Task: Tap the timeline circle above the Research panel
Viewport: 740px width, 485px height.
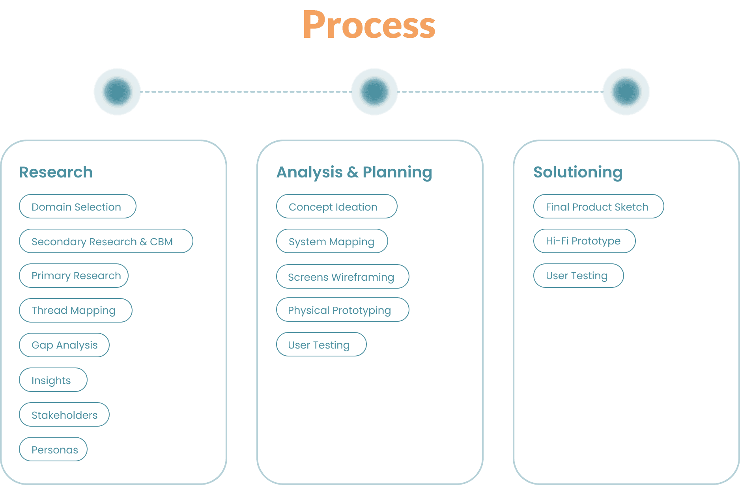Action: pyautogui.click(x=117, y=92)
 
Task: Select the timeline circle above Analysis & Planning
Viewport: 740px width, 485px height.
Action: pyautogui.click(x=374, y=92)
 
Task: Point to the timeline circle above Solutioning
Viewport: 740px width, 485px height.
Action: pyautogui.click(x=626, y=92)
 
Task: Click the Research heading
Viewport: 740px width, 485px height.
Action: pyautogui.click(x=56, y=172)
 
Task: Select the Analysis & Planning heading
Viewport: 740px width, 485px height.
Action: pyautogui.click(x=354, y=172)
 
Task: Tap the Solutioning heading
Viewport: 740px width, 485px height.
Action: pyautogui.click(x=578, y=172)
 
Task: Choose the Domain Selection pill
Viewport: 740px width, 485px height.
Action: pyautogui.click(x=77, y=206)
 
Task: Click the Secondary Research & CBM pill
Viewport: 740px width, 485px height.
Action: pyautogui.click(x=106, y=241)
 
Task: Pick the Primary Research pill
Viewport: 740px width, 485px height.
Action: pyautogui.click(x=74, y=276)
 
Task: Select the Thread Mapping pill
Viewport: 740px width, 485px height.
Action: pyautogui.click(x=75, y=310)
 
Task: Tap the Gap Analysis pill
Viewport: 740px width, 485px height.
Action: pyautogui.click(x=64, y=345)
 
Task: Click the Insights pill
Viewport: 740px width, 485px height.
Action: pyautogui.click(x=53, y=380)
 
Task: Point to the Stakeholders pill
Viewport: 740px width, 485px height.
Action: pyautogui.click(x=64, y=414)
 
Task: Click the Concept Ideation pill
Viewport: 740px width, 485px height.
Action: pyautogui.click(x=336, y=206)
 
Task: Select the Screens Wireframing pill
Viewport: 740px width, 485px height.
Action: pyautogui.click(x=342, y=276)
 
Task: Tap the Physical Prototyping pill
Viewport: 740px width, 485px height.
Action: pyautogui.click(x=342, y=310)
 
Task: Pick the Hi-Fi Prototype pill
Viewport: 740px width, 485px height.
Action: pyautogui.click(x=584, y=241)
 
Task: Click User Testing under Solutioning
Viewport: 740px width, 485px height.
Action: pyautogui.click(x=578, y=276)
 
